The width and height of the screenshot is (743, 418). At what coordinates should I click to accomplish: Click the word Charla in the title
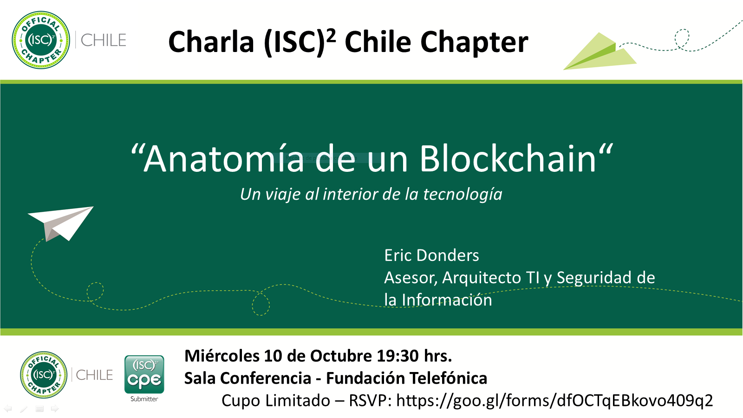click(211, 42)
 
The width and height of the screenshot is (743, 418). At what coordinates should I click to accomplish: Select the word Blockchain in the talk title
click(508, 159)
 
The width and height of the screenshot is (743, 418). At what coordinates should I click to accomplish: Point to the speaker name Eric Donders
click(431, 255)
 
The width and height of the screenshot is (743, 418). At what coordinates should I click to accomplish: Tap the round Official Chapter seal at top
click(41, 40)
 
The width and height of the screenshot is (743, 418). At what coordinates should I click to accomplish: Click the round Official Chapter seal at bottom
click(44, 375)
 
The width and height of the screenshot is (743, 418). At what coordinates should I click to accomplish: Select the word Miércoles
click(222, 356)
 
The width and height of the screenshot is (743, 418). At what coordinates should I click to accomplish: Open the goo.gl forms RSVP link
click(554, 400)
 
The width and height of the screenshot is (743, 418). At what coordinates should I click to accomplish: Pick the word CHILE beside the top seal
click(103, 40)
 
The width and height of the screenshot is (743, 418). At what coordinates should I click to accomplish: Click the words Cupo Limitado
click(276, 400)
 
